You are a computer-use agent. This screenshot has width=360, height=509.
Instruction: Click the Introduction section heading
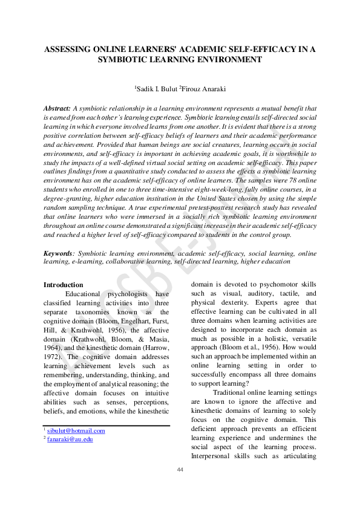click(64, 285)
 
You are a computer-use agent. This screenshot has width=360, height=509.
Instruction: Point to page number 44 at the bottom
click(180, 470)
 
